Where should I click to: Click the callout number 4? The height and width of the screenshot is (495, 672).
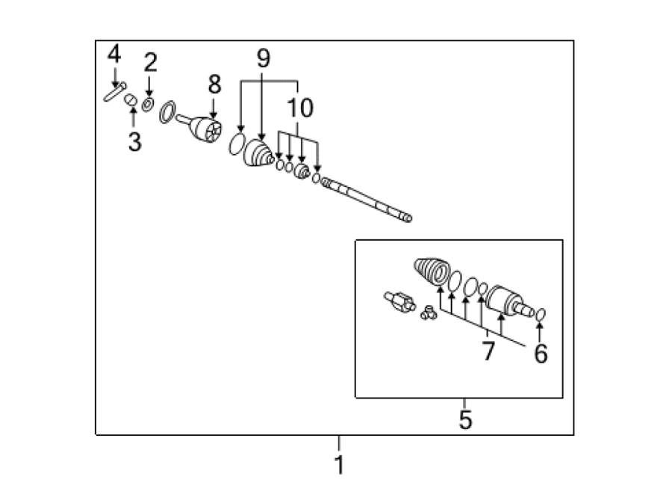[x=114, y=54]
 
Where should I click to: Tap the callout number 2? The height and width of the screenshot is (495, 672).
[x=150, y=63]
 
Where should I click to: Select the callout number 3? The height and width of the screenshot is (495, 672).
[x=134, y=141]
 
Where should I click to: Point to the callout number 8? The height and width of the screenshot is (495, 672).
[x=215, y=84]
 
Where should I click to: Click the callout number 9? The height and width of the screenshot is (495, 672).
[x=263, y=58]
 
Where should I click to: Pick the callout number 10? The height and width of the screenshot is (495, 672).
[x=300, y=108]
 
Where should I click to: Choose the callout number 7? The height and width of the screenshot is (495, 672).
[x=488, y=351]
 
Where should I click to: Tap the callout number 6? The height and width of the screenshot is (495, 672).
[x=541, y=354]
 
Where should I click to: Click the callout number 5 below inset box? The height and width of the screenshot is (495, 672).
[x=465, y=419]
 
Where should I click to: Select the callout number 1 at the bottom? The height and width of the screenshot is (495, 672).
[x=340, y=464]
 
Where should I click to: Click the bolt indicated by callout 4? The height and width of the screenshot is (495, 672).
[x=114, y=91]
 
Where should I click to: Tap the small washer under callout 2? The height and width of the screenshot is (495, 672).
[x=148, y=105]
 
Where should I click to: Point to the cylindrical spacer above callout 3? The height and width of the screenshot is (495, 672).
[x=130, y=100]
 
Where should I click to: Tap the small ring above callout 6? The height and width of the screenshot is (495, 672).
[x=541, y=315]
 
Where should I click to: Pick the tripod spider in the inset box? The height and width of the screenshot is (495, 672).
[x=429, y=313]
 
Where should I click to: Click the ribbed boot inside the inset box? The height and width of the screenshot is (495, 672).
[x=432, y=271]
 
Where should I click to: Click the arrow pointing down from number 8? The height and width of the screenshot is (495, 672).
[x=214, y=108]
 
